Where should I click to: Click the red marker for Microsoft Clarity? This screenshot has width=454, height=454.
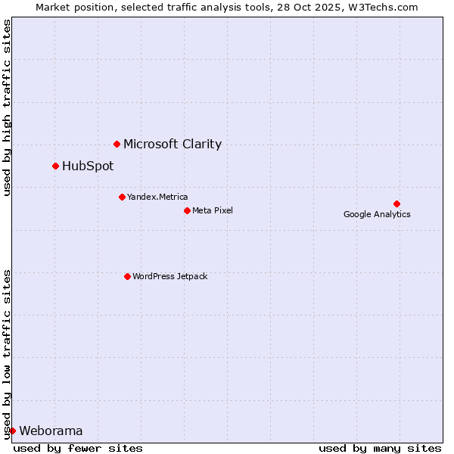117,144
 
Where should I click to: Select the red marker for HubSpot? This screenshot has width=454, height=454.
55,166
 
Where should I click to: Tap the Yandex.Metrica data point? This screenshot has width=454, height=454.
122,197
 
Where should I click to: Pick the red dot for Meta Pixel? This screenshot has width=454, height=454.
187,210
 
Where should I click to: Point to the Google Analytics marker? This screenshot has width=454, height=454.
396,204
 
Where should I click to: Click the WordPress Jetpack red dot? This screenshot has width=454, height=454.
127,276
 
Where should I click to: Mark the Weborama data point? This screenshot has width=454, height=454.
12,431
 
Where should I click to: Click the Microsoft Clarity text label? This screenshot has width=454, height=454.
173,144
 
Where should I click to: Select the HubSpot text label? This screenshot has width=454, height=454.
88,166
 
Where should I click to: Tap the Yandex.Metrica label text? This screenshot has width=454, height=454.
157,197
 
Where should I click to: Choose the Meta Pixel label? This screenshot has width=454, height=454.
213,210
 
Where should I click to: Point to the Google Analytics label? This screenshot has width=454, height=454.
377,214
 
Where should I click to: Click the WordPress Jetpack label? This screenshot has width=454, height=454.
169,276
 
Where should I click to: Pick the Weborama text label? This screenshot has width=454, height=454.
51,431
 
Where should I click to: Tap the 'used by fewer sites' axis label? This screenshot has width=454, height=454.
78,448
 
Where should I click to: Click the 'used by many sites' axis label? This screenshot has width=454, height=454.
380,448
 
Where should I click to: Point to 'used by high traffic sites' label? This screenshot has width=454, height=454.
7,107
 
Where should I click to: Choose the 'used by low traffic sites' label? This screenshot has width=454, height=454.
7,353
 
